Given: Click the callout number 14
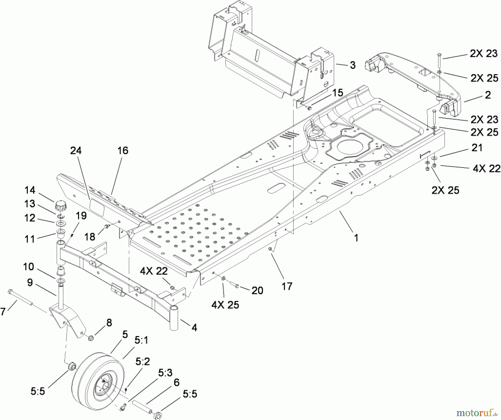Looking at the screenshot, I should [x=30, y=190].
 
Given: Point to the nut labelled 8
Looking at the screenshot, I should [x=90, y=338].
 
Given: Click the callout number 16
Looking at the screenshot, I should [x=123, y=151].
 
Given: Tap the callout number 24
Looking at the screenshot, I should [x=76, y=151].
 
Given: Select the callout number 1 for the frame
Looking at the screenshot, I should [x=356, y=238].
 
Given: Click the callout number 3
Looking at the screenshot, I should [x=352, y=65].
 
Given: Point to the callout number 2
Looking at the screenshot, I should [x=488, y=95].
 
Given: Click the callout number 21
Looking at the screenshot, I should [x=477, y=148].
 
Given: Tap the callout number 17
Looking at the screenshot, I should [x=287, y=286].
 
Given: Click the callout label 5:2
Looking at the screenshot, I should [x=143, y=362].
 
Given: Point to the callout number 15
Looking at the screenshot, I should [x=338, y=93].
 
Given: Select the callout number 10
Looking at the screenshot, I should [x=28, y=267].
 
